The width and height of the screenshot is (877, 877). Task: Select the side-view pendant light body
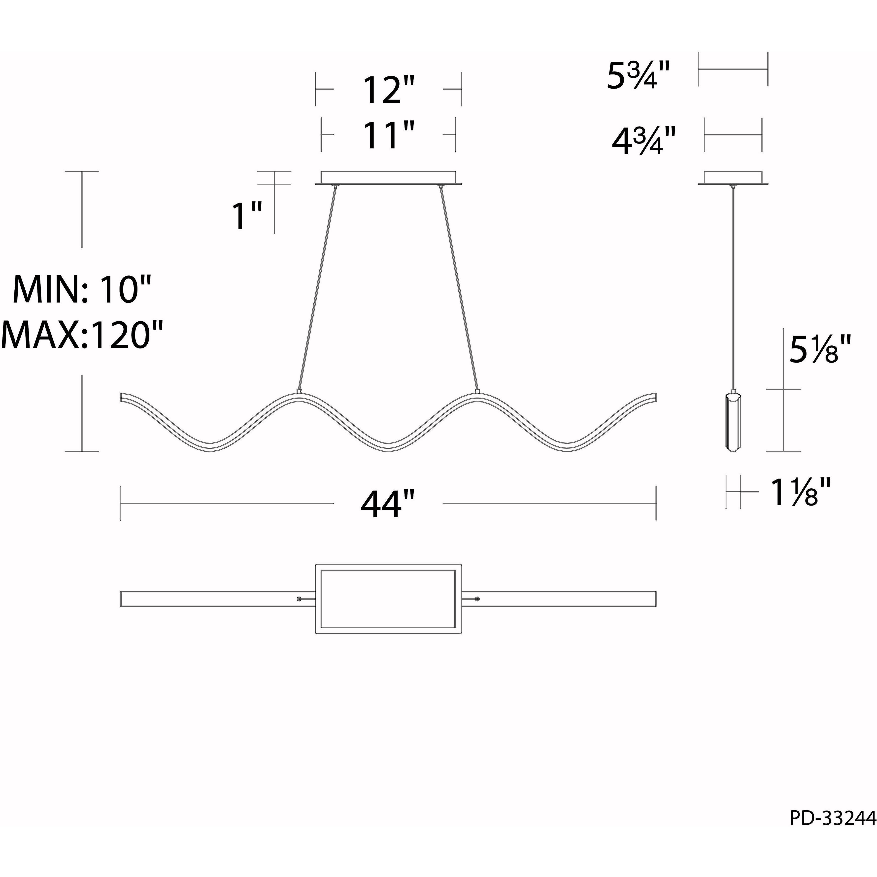point(733,422)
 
